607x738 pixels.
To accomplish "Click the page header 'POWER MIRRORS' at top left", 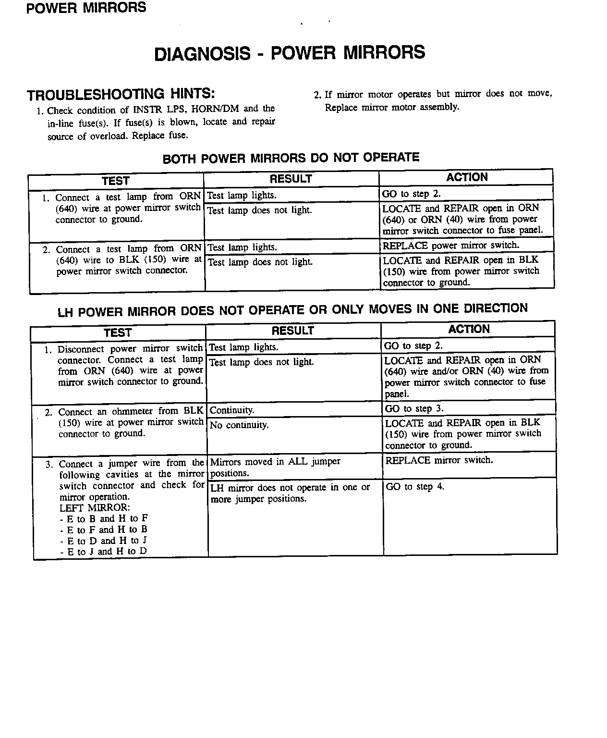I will [x=86, y=8].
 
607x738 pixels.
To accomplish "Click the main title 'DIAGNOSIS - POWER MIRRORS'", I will [x=290, y=53].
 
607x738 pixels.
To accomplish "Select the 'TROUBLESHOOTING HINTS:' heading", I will [x=121, y=94].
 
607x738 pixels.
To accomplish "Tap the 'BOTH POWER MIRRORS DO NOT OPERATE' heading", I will [x=291, y=158].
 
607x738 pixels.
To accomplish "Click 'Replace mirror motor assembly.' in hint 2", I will [x=392, y=107].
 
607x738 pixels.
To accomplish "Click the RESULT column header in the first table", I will [x=291, y=179].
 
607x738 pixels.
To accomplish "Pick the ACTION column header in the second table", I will [x=469, y=329].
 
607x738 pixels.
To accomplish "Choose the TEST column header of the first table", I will [x=115, y=181].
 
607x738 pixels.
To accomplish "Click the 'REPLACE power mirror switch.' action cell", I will [x=450, y=246].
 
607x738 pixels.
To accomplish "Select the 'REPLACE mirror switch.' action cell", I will [x=439, y=460].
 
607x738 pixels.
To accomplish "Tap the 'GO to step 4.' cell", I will [x=415, y=486].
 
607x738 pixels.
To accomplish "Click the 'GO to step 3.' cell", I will [x=414, y=408].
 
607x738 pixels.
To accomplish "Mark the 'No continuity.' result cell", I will [x=239, y=425].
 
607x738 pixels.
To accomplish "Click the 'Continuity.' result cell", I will [x=232, y=410].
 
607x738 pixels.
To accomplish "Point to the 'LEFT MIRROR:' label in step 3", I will [x=95, y=508].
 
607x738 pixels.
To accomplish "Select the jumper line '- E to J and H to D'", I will [x=104, y=552].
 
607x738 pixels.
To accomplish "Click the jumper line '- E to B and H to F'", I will [x=104, y=519].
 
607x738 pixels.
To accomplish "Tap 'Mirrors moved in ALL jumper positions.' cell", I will [x=275, y=467].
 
